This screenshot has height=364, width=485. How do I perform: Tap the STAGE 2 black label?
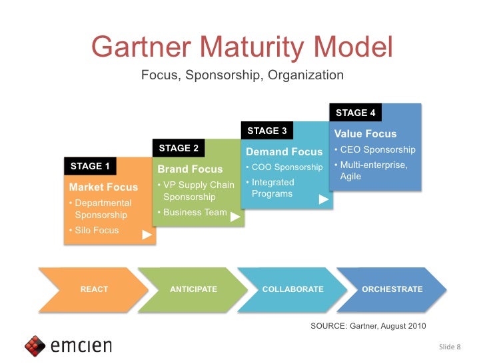point(179,148)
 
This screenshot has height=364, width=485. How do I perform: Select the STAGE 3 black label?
point(266,131)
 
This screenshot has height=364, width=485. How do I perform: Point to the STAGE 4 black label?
point(355,113)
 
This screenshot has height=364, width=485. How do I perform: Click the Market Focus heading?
point(103,187)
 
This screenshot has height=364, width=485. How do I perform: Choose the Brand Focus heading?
point(190,169)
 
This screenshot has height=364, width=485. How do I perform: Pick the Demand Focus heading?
point(284,152)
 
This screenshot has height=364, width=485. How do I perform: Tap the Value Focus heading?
point(365,134)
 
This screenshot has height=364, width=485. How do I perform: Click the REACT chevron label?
point(94,289)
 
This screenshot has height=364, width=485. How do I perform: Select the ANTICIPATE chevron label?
point(193,289)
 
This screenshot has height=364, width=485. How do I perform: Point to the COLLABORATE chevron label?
point(292,289)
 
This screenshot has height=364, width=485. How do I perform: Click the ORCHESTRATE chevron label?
point(392,289)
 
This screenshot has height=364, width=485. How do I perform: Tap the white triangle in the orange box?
point(147,235)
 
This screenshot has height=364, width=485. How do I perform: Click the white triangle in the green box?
point(235,217)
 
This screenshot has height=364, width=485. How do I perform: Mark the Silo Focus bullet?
point(97,231)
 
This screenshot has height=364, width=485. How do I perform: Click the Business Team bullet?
point(194,213)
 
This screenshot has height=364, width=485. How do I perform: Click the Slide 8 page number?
point(450,347)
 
